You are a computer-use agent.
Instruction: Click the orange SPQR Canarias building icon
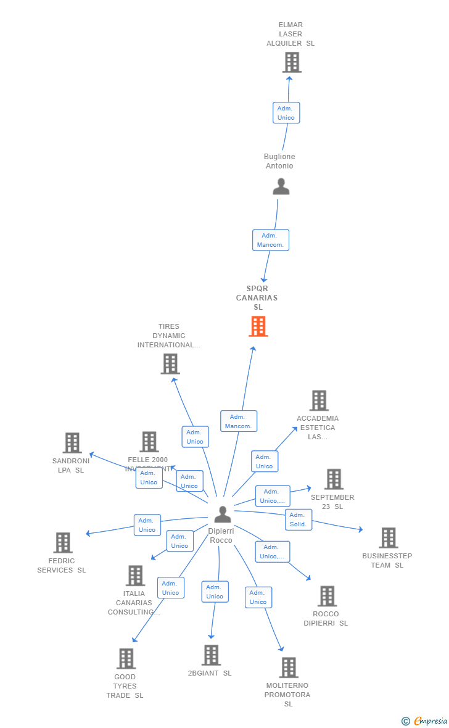tap(258, 326)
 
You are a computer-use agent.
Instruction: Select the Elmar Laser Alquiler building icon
tap(292, 62)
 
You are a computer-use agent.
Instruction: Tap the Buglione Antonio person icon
tap(281, 186)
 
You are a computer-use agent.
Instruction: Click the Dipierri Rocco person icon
tap(223, 514)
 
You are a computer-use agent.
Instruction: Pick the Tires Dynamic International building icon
tap(170, 364)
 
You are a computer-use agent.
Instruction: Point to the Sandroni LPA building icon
tap(72, 443)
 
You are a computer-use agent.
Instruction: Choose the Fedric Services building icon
tap(63, 543)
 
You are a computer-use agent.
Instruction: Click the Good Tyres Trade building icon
tap(126, 659)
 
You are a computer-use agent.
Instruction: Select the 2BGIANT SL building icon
tap(211, 655)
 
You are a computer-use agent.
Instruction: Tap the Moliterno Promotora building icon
tap(289, 668)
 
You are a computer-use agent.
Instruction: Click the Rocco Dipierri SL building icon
tap(327, 596)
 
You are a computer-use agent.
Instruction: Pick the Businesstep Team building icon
tap(388, 538)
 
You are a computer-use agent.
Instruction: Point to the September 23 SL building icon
tap(334, 479)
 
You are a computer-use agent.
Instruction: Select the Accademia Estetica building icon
tap(319, 400)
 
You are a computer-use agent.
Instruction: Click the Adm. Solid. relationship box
tap(299, 519)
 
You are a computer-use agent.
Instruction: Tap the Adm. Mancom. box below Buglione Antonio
tap(271, 240)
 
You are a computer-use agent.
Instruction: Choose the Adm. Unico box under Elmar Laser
tap(286, 113)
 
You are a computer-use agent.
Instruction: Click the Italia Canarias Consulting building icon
tap(135, 576)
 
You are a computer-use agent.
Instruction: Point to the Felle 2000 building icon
tap(149, 442)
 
